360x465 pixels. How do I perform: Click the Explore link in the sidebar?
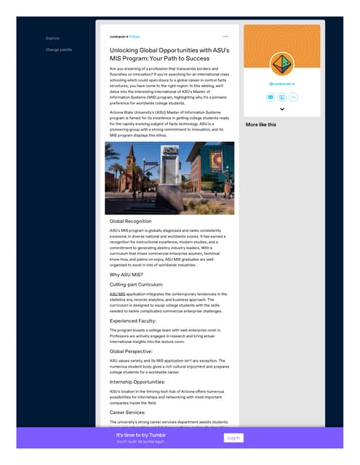[x=52, y=38]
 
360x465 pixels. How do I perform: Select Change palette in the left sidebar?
[x=59, y=49]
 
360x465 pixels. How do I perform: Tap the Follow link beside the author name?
[x=136, y=36]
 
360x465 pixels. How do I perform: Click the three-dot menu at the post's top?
[x=225, y=36]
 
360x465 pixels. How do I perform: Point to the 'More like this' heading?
[x=260, y=124]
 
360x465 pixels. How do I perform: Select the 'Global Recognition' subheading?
[x=130, y=221]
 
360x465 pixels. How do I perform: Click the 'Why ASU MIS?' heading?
[x=126, y=275]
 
